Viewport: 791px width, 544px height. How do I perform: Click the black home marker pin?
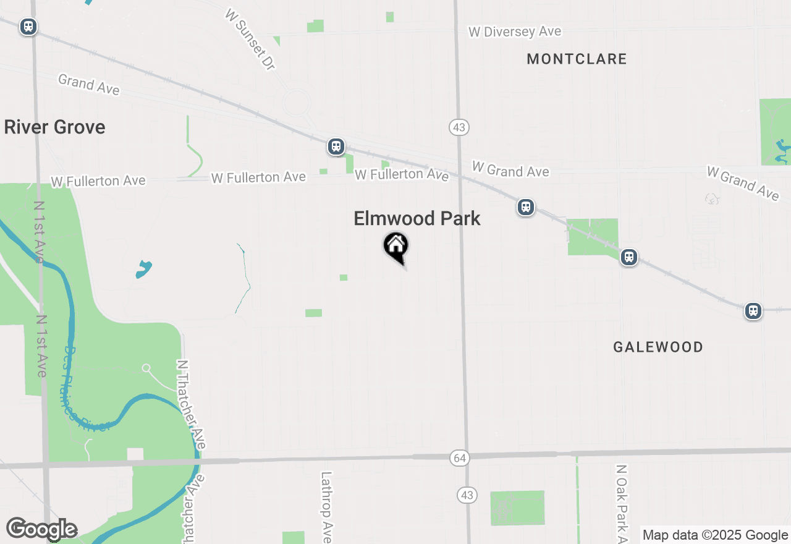click(x=396, y=247)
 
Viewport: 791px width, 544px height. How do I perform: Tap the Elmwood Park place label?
click(x=417, y=218)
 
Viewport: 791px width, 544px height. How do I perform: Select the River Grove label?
click(x=54, y=127)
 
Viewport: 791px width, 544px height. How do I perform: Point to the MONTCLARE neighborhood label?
click(x=577, y=59)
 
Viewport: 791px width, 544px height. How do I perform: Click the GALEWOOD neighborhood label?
click(x=658, y=347)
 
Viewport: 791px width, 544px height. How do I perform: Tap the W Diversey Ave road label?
click(x=515, y=32)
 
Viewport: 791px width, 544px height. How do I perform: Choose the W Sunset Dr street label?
click(x=250, y=39)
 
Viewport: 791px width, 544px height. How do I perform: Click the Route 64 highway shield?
click(x=459, y=458)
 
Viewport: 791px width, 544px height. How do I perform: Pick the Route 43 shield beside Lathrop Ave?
click(x=467, y=495)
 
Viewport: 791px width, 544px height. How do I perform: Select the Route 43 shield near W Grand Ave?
click(x=459, y=127)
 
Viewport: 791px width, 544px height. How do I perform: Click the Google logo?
click(x=41, y=529)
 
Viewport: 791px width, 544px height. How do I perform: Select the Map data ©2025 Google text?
click(x=715, y=535)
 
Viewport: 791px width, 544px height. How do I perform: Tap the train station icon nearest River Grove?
click(x=28, y=27)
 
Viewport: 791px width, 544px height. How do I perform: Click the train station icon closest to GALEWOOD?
click(x=629, y=257)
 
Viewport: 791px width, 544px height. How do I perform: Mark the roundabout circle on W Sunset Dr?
click(x=297, y=102)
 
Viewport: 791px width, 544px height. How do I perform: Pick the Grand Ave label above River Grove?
click(x=89, y=84)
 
